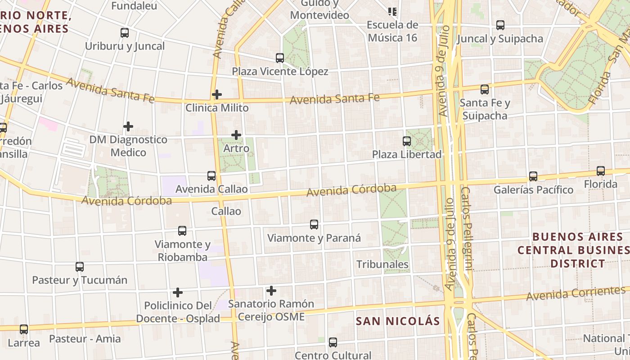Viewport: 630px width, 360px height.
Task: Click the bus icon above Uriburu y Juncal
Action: click(125, 33)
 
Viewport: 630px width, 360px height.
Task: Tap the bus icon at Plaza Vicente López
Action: click(280, 58)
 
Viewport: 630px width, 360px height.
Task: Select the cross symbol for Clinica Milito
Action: click(217, 94)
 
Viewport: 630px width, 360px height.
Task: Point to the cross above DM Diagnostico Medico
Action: click(128, 126)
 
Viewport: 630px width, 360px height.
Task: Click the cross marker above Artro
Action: click(236, 135)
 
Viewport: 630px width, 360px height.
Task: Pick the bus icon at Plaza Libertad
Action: click(407, 141)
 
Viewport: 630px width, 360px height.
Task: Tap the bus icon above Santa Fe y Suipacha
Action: click(485, 90)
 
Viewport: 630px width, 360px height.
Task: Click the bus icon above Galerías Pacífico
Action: click(533, 176)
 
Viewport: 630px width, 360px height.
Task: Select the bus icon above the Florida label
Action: click(601, 171)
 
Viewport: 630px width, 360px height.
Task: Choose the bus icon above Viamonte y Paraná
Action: click(314, 225)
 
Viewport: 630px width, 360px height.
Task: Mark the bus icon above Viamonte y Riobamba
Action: click(182, 231)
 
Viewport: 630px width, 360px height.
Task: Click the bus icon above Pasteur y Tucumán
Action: click(80, 267)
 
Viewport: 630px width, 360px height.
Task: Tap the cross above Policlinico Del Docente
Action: click(178, 292)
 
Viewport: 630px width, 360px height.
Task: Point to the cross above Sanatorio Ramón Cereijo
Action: click(271, 291)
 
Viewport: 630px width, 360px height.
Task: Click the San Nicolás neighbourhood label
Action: click(397, 321)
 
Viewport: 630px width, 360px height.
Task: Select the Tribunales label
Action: click(382, 264)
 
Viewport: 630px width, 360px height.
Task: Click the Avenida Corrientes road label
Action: click(576, 293)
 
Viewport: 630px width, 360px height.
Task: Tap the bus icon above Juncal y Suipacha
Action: click(500, 25)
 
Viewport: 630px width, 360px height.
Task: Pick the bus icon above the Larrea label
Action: click(24, 329)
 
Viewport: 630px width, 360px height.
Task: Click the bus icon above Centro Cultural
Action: click(333, 342)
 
